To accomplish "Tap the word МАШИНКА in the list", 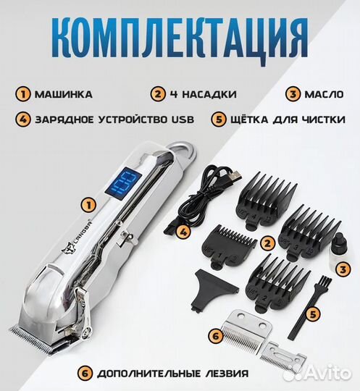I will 64,94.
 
